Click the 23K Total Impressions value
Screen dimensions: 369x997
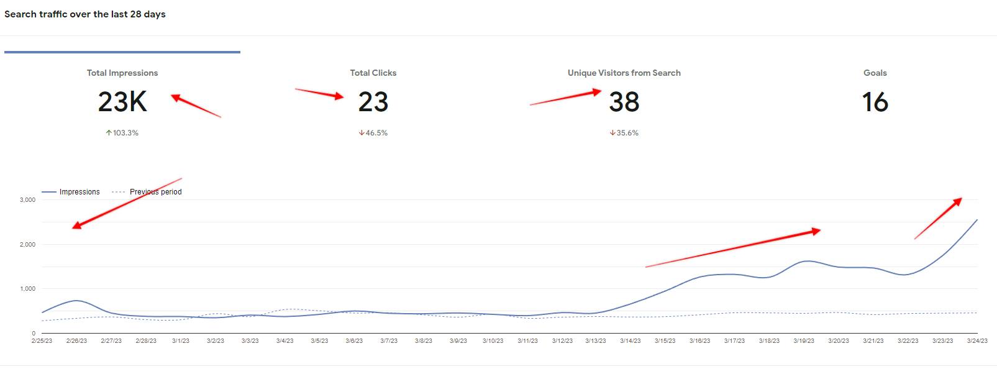point(122,102)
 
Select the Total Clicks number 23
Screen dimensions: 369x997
point(373,102)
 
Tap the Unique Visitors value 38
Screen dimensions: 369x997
point(624,102)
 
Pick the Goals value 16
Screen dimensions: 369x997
point(875,102)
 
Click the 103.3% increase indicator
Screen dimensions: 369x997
point(122,133)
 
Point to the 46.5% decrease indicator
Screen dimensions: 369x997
point(373,133)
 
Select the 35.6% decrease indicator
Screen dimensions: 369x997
point(624,133)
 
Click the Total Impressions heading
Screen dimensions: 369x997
point(122,73)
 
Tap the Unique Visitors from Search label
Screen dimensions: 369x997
point(624,73)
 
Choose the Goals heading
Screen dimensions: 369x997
point(875,73)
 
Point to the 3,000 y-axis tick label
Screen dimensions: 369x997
point(27,200)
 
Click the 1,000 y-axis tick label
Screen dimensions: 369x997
point(27,289)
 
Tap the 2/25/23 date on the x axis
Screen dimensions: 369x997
point(42,341)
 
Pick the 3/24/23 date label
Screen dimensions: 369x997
point(977,341)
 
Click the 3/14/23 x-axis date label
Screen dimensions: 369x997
point(630,341)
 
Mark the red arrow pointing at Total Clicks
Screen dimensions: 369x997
point(319,93)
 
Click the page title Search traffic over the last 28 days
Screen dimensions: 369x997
point(85,14)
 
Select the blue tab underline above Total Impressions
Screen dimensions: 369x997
point(122,52)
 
